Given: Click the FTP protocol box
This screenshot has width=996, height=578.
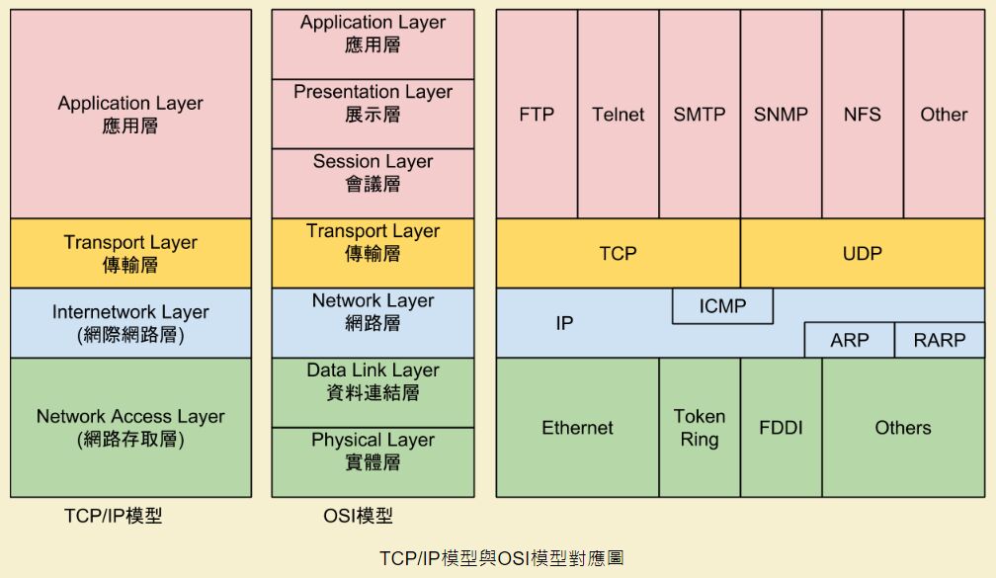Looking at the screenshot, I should [x=537, y=115].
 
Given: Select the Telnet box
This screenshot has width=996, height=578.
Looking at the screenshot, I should [x=618, y=115].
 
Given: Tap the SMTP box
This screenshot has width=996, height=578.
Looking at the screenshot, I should [x=700, y=115].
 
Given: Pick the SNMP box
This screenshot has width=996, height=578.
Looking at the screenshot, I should [x=781, y=115].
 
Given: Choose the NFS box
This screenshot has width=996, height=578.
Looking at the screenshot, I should [x=862, y=115].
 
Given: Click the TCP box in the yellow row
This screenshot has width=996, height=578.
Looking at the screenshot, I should [x=618, y=254].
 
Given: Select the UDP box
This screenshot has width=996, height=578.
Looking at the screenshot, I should [x=862, y=254].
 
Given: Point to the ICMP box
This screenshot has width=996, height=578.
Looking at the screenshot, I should [x=722, y=306].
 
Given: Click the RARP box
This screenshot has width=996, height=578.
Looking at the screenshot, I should [x=940, y=340].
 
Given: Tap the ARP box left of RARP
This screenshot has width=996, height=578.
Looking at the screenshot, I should [x=849, y=340].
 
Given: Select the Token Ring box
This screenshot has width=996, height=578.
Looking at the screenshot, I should [x=700, y=428].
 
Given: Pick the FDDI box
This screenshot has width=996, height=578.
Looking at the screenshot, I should [x=781, y=428].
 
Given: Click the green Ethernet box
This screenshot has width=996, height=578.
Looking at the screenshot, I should [x=577, y=428].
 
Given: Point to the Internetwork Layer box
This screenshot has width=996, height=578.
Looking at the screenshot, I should [x=130, y=323].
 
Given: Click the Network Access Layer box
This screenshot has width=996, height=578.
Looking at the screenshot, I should [x=130, y=428].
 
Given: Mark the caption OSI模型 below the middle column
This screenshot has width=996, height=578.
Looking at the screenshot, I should [x=358, y=516].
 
